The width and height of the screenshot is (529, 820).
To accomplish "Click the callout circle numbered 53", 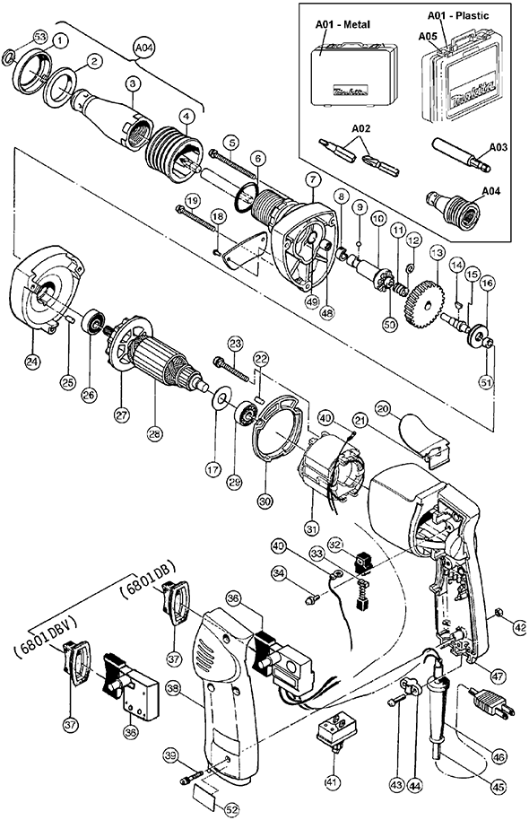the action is [x=40, y=37].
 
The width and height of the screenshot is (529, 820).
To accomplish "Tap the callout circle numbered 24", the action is [x=33, y=362].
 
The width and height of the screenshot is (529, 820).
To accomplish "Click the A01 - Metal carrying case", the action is [x=353, y=76].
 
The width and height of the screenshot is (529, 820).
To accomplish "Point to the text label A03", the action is [x=498, y=147].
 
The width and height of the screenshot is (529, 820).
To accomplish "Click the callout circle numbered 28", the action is [x=155, y=433].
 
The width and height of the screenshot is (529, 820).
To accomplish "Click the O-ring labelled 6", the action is [x=247, y=199].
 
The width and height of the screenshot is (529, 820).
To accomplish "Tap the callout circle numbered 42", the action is [x=520, y=627].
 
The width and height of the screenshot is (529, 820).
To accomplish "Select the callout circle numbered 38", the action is [x=172, y=690].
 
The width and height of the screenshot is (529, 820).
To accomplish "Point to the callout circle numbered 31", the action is [x=311, y=528].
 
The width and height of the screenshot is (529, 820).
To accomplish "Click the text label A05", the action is [x=428, y=36].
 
